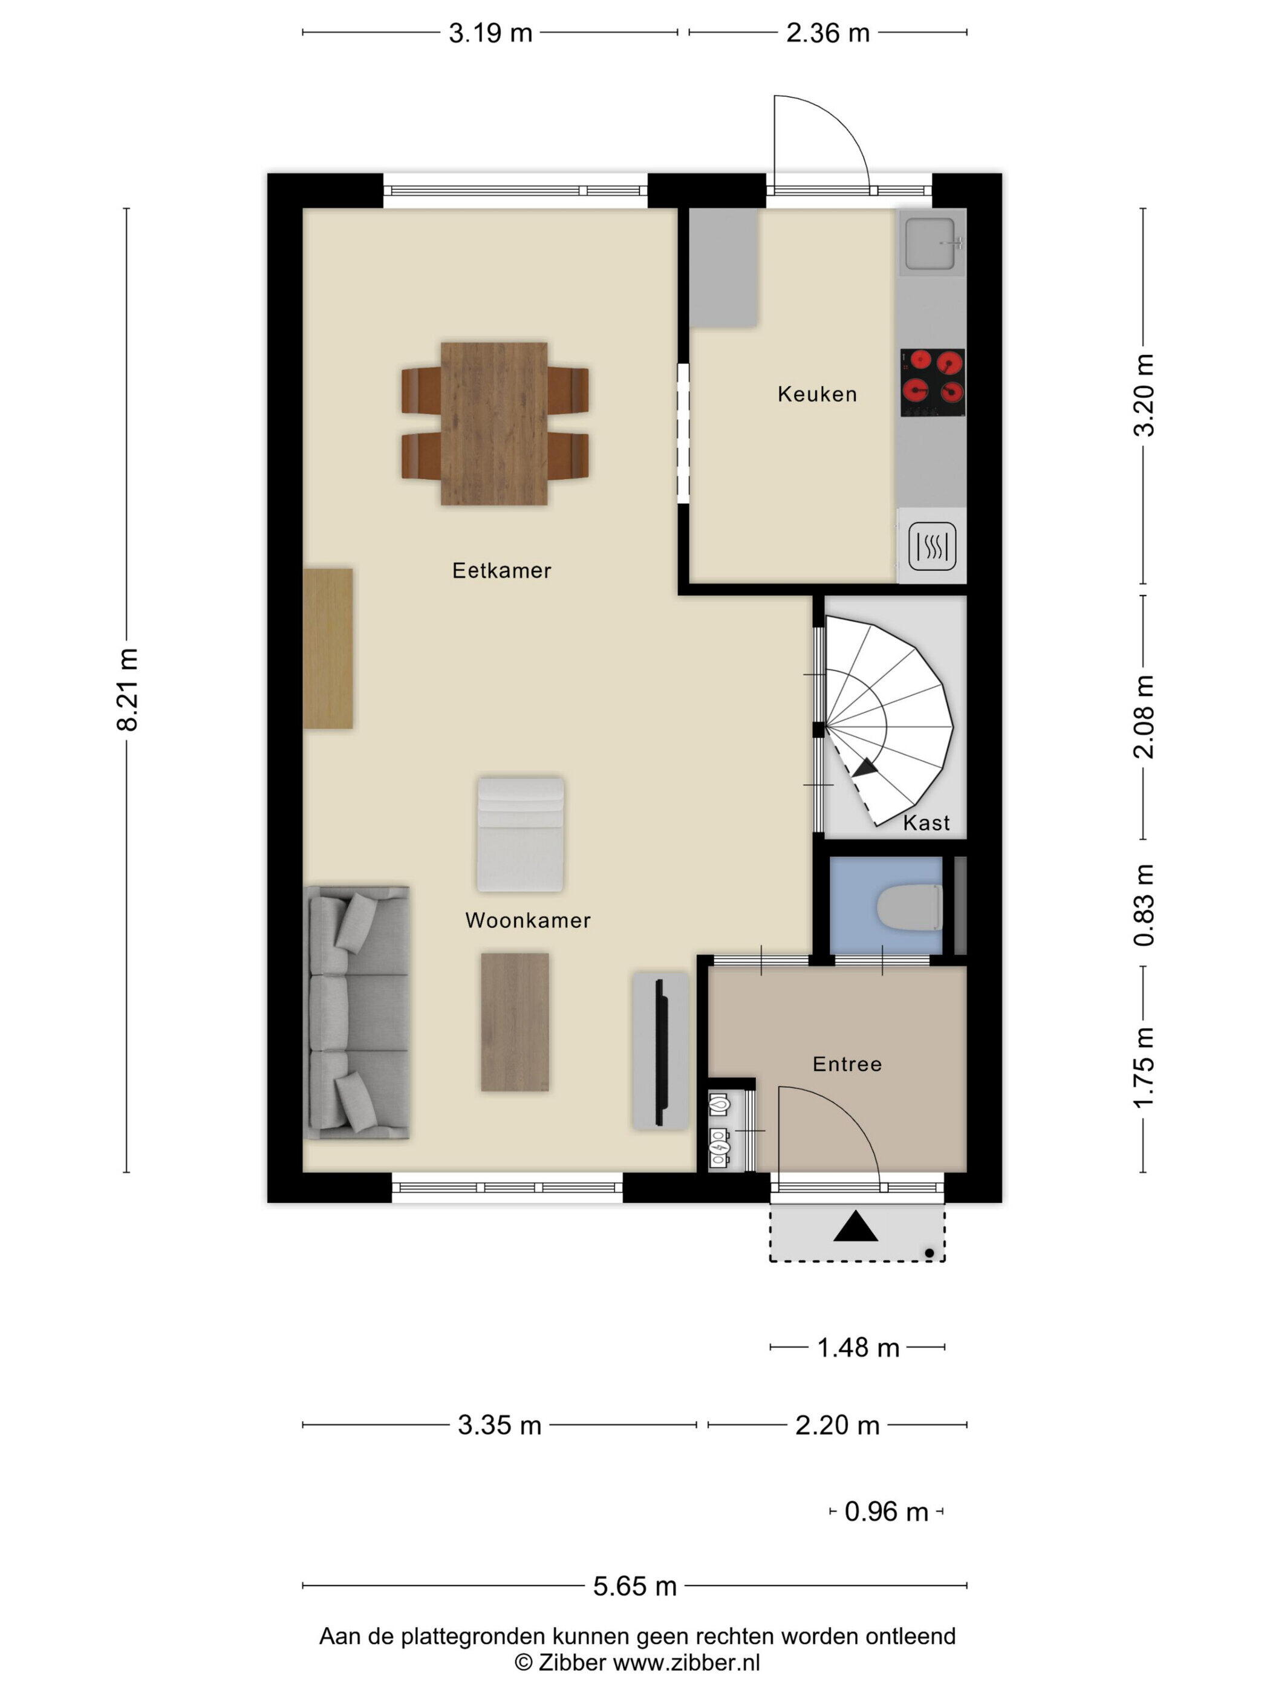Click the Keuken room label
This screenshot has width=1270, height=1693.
coord(817,394)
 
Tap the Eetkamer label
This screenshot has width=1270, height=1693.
coord(501,570)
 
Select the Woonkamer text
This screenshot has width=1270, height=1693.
coord(528,920)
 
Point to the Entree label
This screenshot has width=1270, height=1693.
coord(847,1064)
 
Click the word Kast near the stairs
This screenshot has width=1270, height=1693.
coord(926,823)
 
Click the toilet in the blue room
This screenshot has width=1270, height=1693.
coord(910,907)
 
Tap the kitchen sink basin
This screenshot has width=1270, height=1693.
coord(930,244)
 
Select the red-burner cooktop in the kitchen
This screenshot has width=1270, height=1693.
coord(933,383)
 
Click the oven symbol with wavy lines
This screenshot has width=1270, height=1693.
coord(933,547)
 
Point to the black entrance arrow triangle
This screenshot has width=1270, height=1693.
coord(855,1226)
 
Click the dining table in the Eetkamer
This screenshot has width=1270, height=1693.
coord(495,423)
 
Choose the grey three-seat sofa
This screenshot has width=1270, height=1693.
coord(358,1013)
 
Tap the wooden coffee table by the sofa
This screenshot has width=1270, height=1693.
coord(515,1022)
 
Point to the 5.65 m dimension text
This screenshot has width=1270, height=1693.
coord(634,1586)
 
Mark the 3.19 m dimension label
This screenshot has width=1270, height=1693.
coord(490,33)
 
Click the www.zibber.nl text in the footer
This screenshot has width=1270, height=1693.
coord(686,1663)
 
